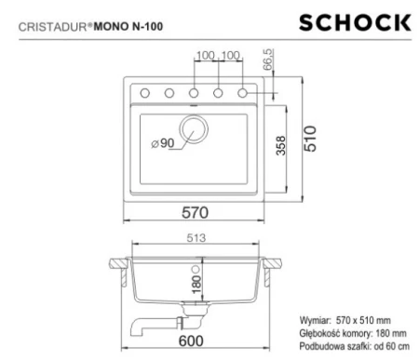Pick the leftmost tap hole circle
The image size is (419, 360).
145,93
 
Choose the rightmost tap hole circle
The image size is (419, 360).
242,93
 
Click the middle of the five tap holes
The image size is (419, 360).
194,93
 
